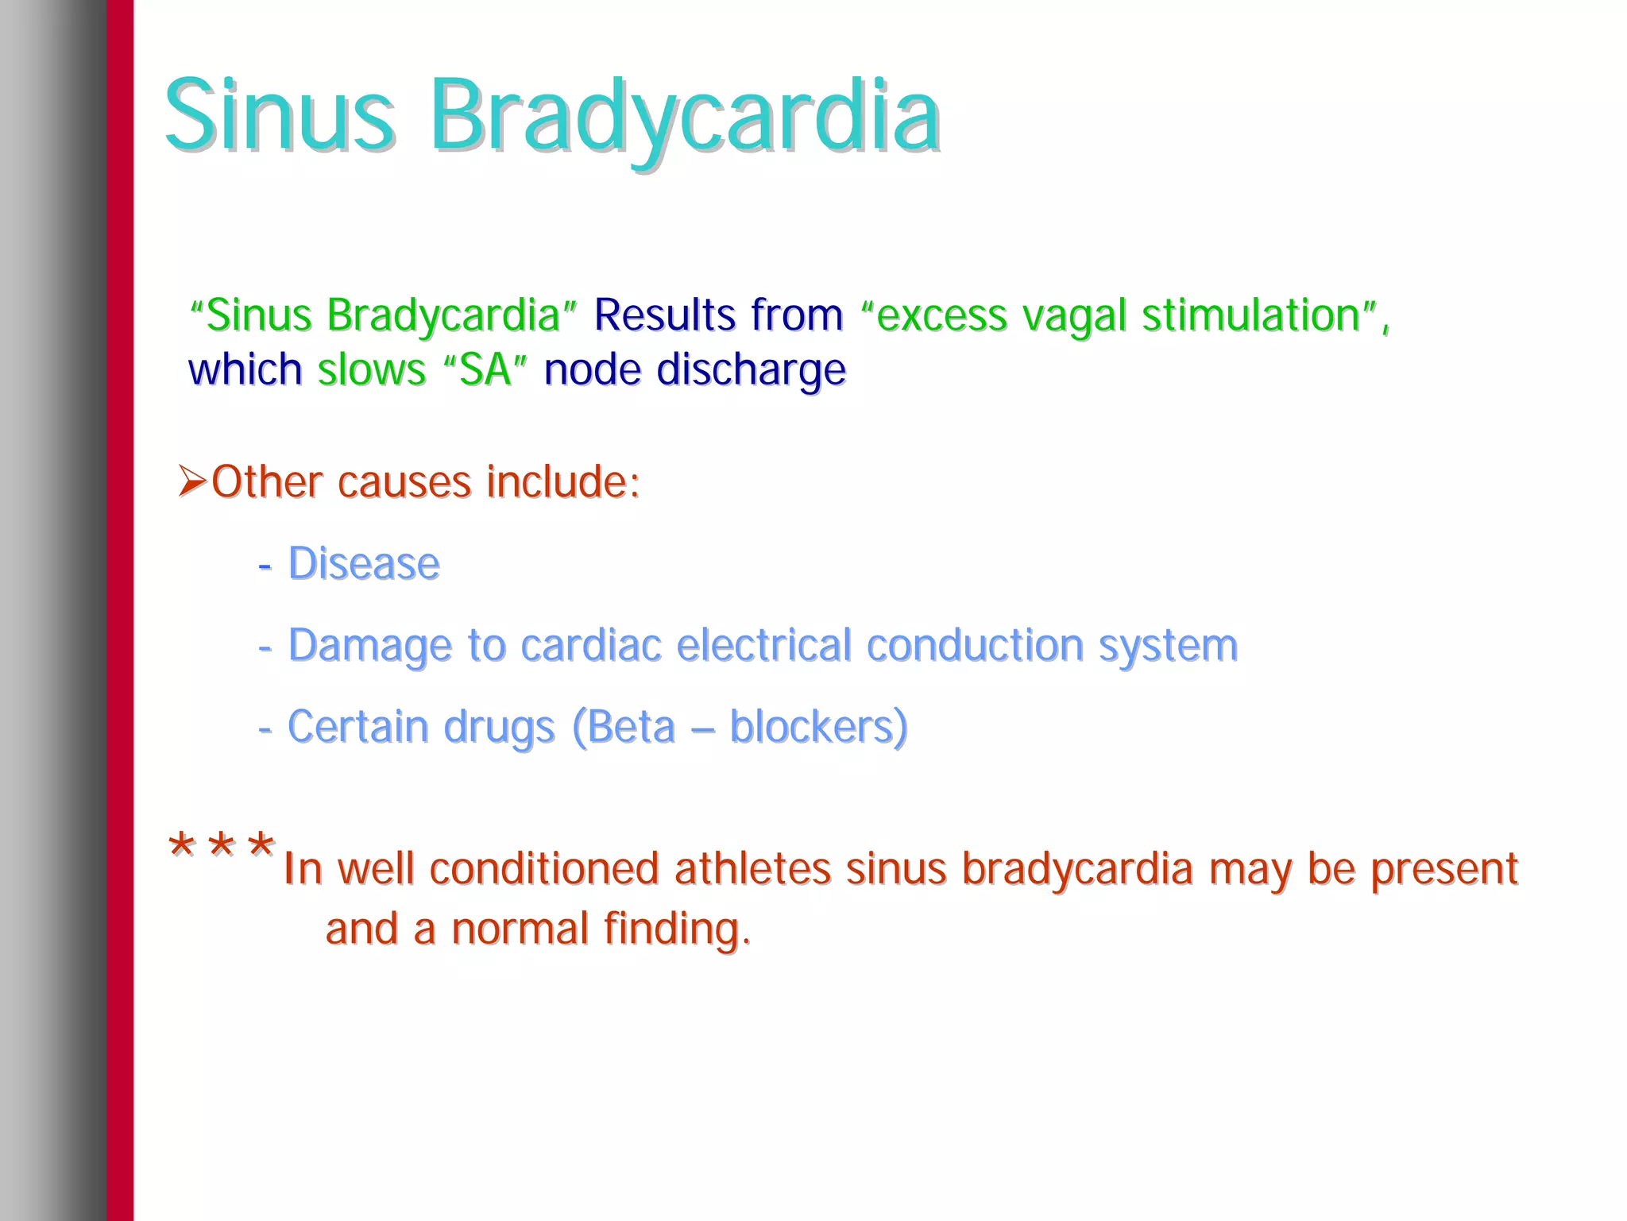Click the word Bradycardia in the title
coord(685,118)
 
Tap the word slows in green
coord(372,370)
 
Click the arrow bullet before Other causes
coord(192,481)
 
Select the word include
coord(561,481)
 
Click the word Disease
coord(363,564)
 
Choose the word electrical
coord(763,644)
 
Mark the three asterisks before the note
coord(222,847)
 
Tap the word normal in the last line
coord(519,929)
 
